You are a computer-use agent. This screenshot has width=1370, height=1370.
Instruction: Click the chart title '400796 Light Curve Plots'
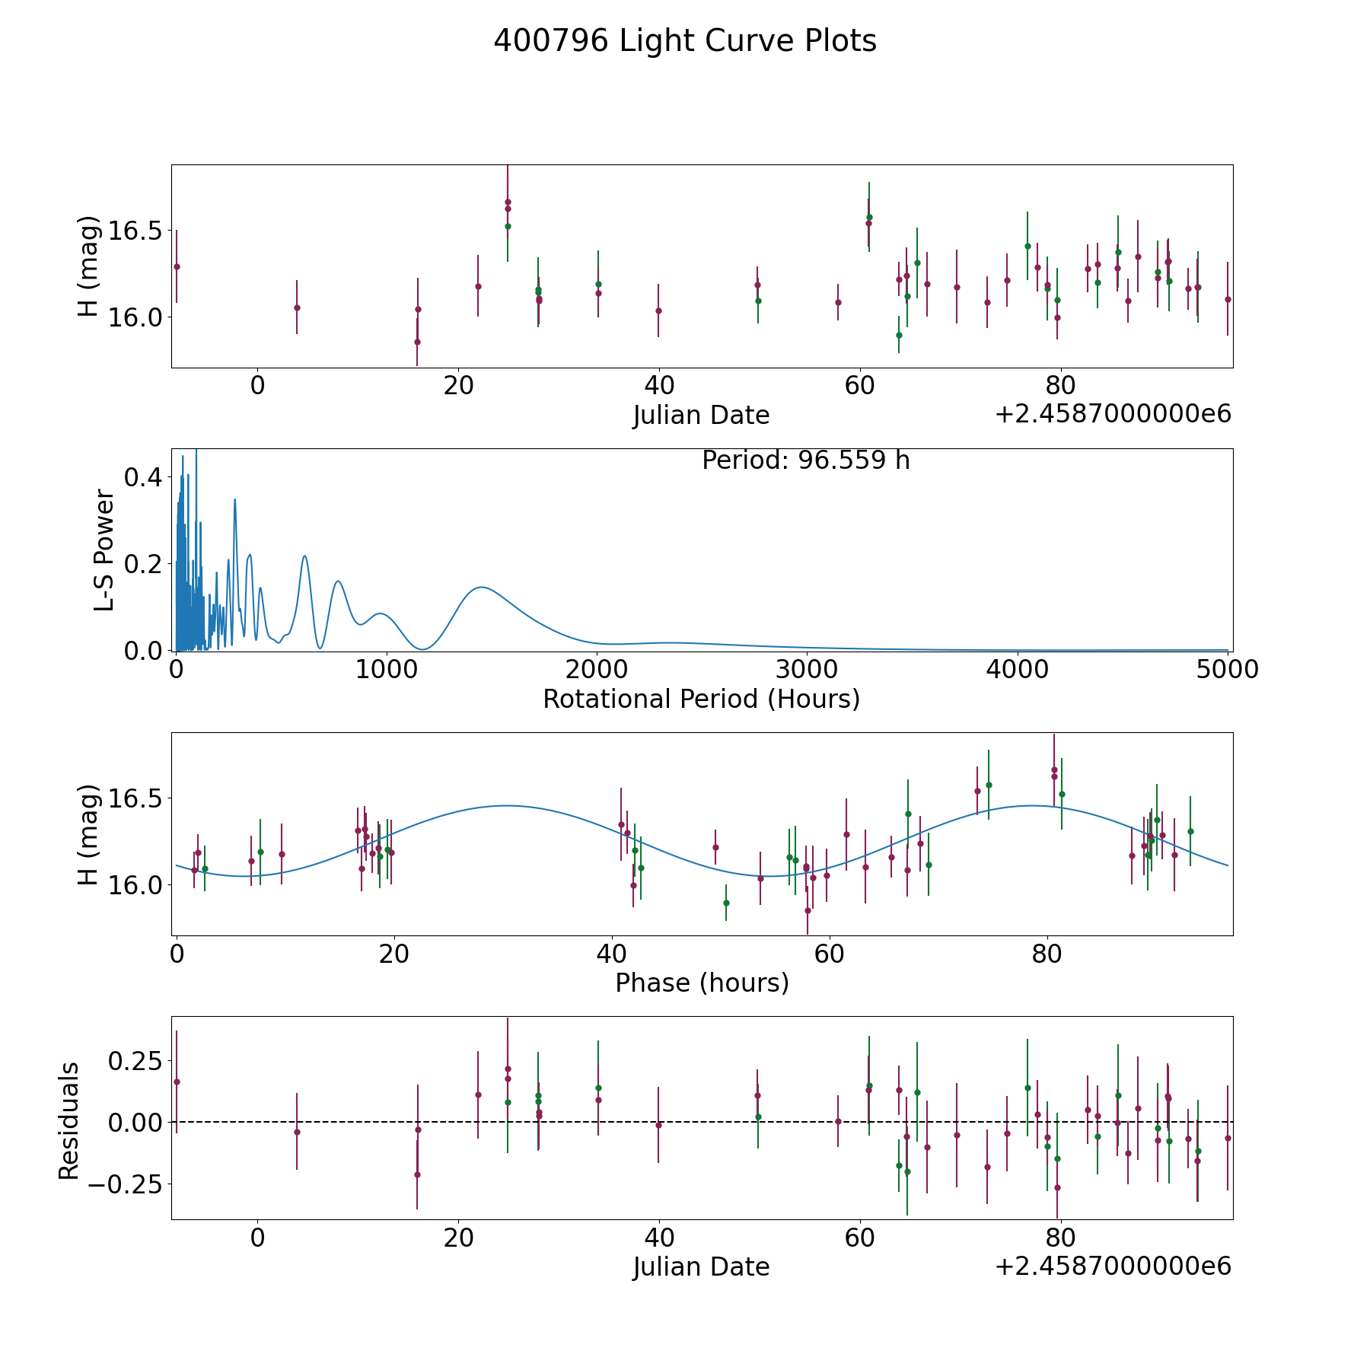tap(685, 41)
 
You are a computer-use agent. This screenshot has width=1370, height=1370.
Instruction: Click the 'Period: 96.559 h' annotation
tap(806, 460)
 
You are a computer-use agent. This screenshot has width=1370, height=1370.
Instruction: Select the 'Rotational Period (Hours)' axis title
tap(701, 699)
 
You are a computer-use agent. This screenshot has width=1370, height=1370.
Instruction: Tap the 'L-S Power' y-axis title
tap(104, 550)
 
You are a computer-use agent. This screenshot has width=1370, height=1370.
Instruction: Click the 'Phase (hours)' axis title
tap(702, 983)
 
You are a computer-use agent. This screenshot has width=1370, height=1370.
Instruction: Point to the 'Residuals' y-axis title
tap(69, 1120)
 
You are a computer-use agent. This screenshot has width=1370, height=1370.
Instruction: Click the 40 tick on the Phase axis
tap(612, 954)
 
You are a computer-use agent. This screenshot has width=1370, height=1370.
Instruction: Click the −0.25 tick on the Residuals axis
tap(126, 1184)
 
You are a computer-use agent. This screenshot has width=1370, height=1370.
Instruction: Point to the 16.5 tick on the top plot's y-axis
tap(134, 231)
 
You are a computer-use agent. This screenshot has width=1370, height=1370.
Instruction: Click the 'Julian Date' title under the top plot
tap(701, 416)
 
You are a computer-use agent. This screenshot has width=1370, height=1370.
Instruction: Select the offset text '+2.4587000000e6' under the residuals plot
tap(1113, 1266)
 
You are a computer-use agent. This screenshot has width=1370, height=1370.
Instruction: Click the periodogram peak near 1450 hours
tap(481, 587)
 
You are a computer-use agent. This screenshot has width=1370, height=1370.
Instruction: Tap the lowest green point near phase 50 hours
tap(726, 903)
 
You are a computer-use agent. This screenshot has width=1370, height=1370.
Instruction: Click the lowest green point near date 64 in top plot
tap(899, 335)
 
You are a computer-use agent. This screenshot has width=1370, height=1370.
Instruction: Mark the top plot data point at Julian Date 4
tap(297, 307)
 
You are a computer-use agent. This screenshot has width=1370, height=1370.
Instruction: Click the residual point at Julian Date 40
tap(658, 1125)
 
